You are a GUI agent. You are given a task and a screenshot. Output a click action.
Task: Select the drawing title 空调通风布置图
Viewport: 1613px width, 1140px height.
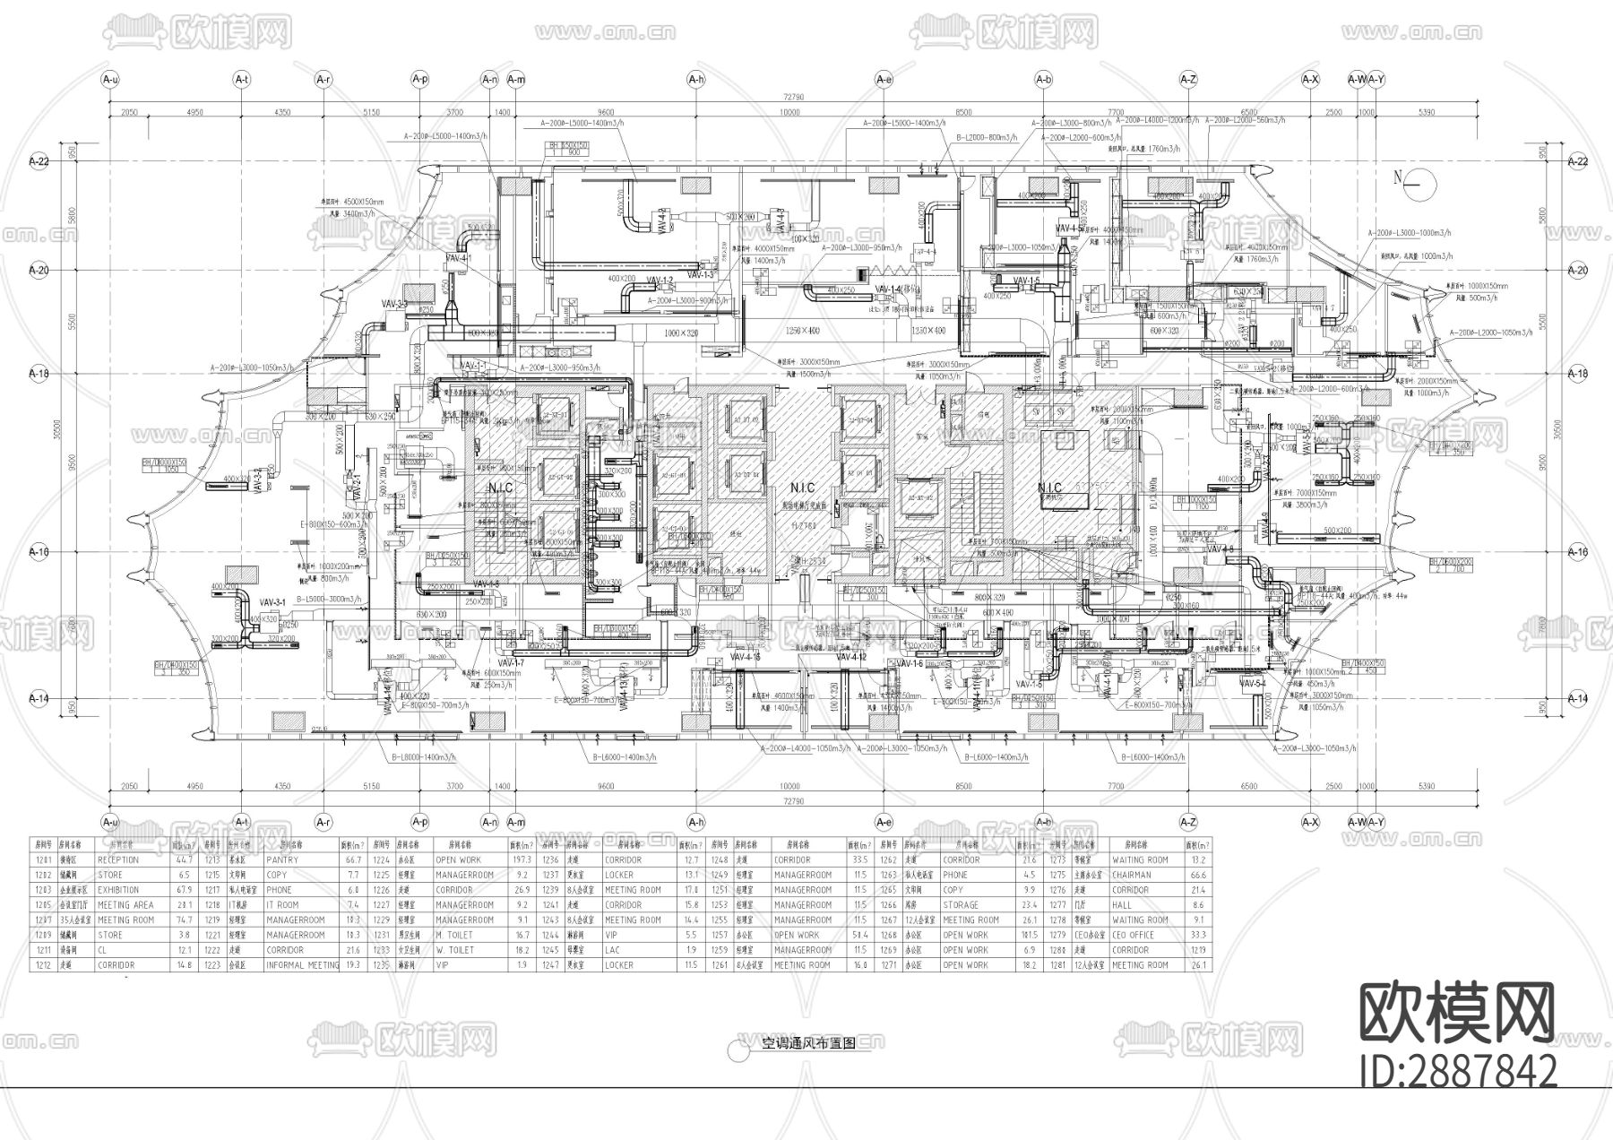click(x=808, y=1043)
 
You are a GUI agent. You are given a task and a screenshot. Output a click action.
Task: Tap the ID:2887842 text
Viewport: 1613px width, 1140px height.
click(x=1457, y=1071)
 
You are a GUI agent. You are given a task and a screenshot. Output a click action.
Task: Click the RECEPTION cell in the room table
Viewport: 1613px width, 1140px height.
click(x=118, y=859)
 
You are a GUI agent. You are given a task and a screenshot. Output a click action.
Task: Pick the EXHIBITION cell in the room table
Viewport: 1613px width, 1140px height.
click(x=118, y=890)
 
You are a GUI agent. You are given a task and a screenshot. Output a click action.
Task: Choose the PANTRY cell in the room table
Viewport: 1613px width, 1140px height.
click(x=282, y=859)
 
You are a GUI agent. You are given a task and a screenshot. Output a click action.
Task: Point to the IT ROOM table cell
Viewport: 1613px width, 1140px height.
click(x=282, y=905)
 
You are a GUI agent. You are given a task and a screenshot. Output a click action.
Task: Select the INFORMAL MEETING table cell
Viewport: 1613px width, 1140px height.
click(x=302, y=965)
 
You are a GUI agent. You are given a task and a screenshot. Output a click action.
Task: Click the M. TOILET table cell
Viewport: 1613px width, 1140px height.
click(x=455, y=935)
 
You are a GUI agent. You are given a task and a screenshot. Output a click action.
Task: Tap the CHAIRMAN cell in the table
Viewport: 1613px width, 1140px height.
click(x=1131, y=875)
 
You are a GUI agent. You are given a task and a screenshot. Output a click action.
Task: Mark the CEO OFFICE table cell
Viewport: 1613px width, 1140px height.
click(x=1134, y=935)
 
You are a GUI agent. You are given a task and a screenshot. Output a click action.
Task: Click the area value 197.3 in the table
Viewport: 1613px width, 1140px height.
click(x=521, y=859)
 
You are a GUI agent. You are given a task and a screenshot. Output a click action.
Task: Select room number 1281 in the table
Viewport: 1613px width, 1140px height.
click(x=1058, y=965)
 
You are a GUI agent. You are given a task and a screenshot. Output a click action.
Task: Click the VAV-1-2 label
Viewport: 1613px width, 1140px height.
click(x=660, y=281)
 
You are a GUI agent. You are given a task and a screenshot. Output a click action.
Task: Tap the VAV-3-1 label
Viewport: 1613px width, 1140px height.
click(x=272, y=601)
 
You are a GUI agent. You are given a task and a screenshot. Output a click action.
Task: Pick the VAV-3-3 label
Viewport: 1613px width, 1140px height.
click(x=395, y=305)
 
